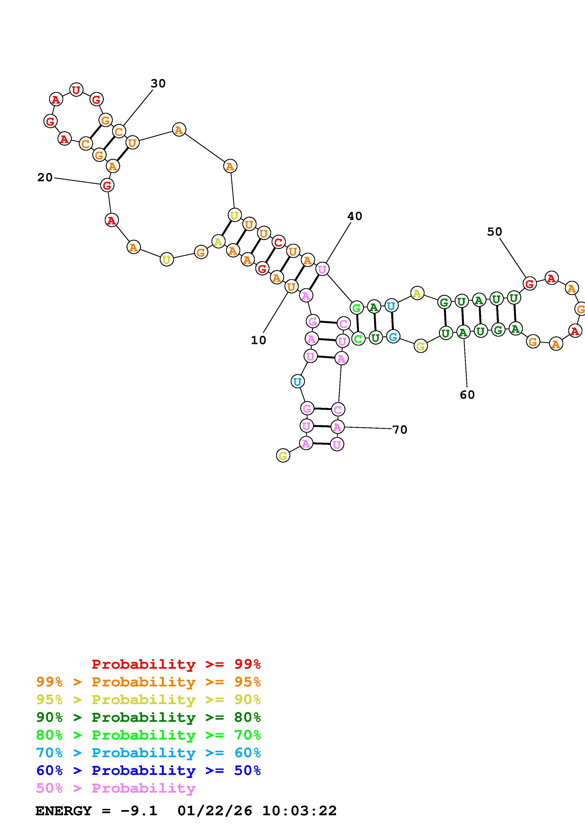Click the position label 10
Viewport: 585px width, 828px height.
(x=258, y=340)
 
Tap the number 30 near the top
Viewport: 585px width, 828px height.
(x=158, y=84)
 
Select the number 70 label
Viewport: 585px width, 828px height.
(x=399, y=430)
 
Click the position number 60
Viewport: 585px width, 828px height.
(x=467, y=395)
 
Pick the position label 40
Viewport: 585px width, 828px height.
(x=354, y=216)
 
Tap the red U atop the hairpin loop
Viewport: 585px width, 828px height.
(x=76, y=89)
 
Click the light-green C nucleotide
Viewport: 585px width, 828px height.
(x=358, y=339)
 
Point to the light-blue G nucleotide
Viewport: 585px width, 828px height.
(x=393, y=337)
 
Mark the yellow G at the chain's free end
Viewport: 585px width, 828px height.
(x=283, y=456)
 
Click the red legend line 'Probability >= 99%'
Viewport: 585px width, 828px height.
(x=176, y=664)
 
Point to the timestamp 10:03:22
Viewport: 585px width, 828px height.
(x=299, y=811)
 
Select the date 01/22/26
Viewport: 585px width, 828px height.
(x=215, y=811)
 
